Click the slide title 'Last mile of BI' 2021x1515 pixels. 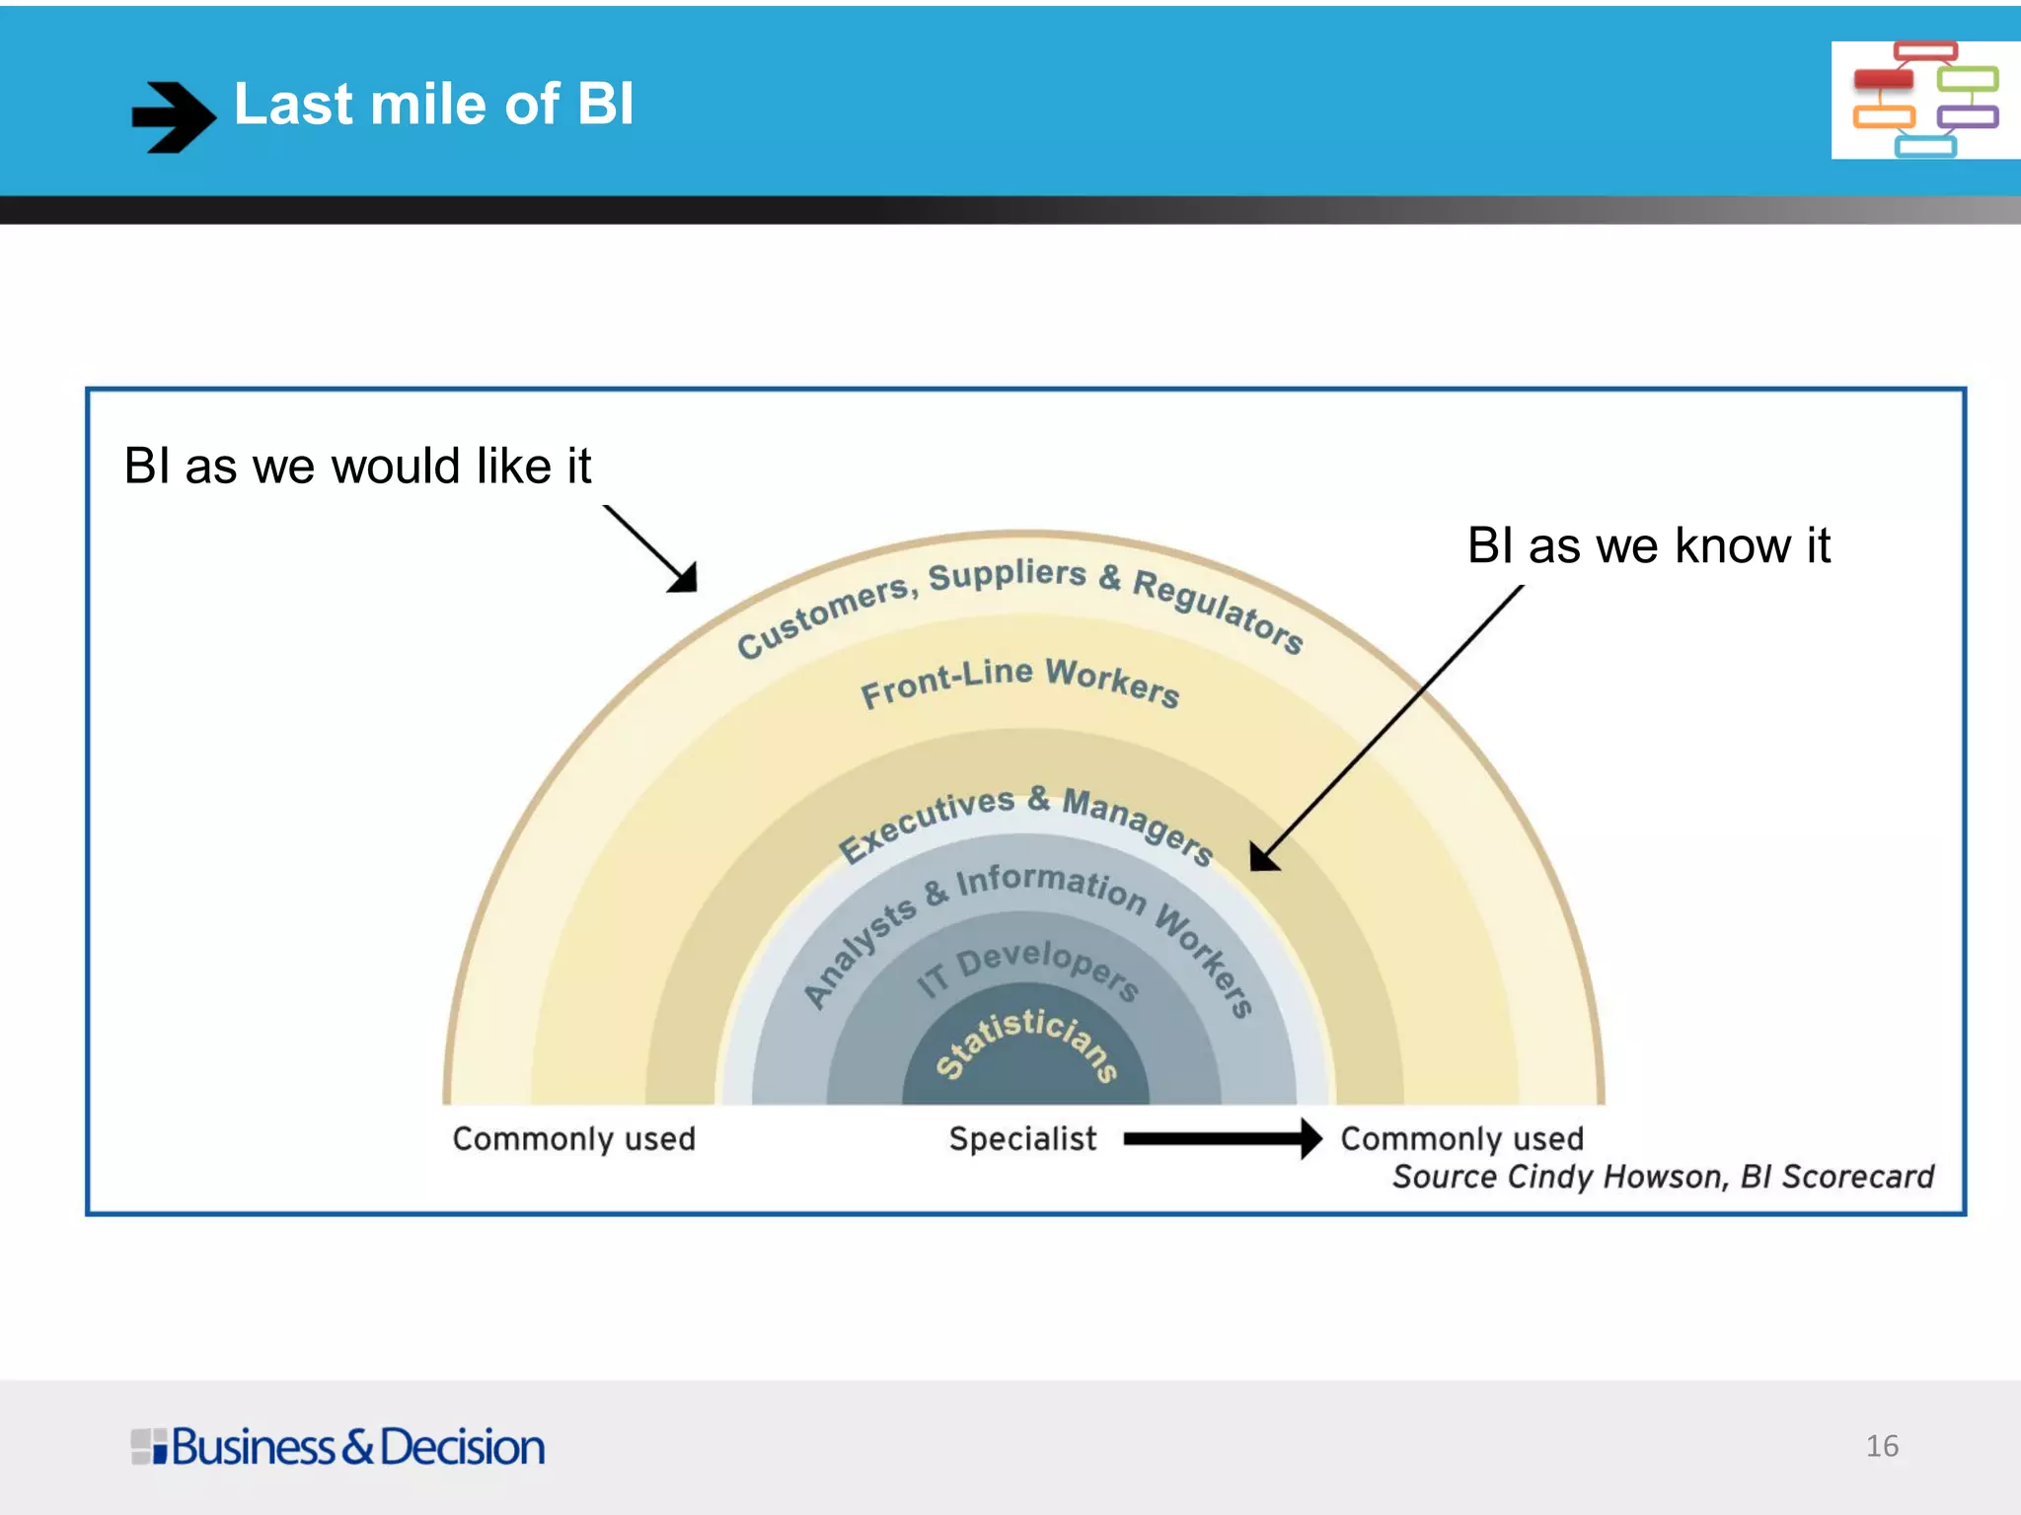(433, 105)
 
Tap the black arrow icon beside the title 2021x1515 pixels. (173, 116)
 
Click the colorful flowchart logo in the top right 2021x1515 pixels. (1924, 100)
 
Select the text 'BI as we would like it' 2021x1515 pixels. (357, 466)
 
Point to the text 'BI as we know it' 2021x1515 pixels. (1648, 545)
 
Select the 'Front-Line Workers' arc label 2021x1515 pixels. (1019, 681)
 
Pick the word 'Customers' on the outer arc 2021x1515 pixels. (824, 615)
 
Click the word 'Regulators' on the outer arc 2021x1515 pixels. (1218, 610)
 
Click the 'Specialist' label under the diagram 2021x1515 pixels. (1022, 1139)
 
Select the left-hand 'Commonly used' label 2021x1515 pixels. (573, 1139)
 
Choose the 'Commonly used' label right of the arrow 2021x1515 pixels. (1461, 1139)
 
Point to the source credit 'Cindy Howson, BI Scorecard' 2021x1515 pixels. (1663, 1177)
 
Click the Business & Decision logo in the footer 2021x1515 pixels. (337, 1447)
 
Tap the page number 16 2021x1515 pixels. (1882, 1446)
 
